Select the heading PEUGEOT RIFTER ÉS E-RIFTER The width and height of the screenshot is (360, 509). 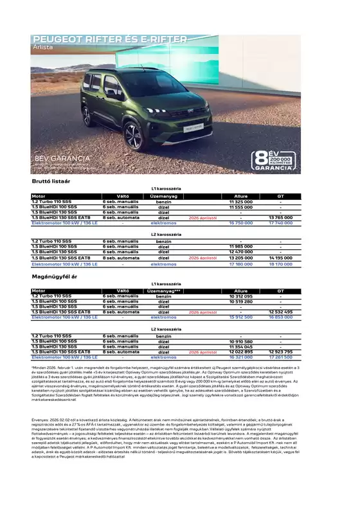click(x=110, y=40)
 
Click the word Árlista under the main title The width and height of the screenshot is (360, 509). click(x=43, y=48)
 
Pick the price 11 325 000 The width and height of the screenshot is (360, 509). click(x=240, y=202)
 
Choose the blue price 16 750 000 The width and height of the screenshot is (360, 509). click(x=240, y=223)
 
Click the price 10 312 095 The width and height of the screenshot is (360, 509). click(x=240, y=296)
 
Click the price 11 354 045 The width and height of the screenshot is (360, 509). click(x=240, y=346)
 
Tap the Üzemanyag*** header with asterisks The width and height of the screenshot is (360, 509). click(x=163, y=290)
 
